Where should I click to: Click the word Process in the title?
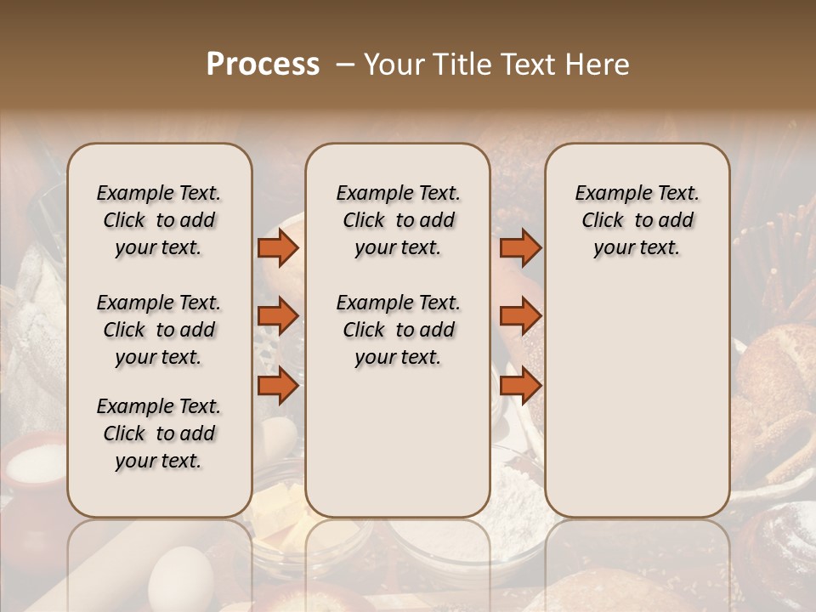pos(263,65)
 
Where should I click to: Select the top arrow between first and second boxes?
pos(278,248)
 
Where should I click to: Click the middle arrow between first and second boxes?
pos(278,316)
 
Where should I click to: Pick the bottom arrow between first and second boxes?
pos(278,385)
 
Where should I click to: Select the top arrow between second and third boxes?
pos(520,248)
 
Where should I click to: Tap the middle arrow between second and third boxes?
pos(520,316)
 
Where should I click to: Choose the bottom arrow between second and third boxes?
pos(520,385)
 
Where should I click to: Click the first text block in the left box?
pos(159,220)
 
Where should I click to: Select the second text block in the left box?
pos(159,330)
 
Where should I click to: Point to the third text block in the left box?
pos(159,433)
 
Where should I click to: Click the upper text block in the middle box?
pos(398,220)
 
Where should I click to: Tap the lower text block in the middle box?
pos(398,330)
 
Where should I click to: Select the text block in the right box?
pos(637,220)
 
